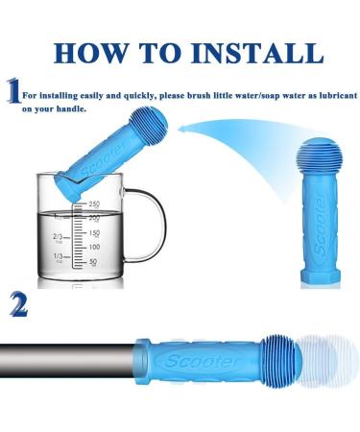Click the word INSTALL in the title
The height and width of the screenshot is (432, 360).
(257, 53)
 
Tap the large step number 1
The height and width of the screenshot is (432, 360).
(13, 90)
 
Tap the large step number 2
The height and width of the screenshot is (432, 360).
(18, 304)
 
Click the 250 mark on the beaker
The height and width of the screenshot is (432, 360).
(94, 204)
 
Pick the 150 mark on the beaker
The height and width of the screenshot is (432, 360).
(94, 233)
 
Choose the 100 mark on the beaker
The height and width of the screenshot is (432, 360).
(94, 247)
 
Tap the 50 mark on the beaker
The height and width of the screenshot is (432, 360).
(93, 262)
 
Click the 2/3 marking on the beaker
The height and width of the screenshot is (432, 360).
(59, 237)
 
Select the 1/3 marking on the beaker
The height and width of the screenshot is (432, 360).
(59, 256)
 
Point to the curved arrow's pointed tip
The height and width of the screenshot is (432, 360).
(178, 130)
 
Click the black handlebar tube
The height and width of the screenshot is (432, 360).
(67, 361)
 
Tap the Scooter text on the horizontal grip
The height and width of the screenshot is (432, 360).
(202, 361)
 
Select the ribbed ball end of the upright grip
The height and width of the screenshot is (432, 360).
(320, 156)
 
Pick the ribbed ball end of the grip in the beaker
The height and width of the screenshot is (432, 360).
(150, 122)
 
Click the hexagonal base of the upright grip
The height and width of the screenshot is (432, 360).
(321, 276)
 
